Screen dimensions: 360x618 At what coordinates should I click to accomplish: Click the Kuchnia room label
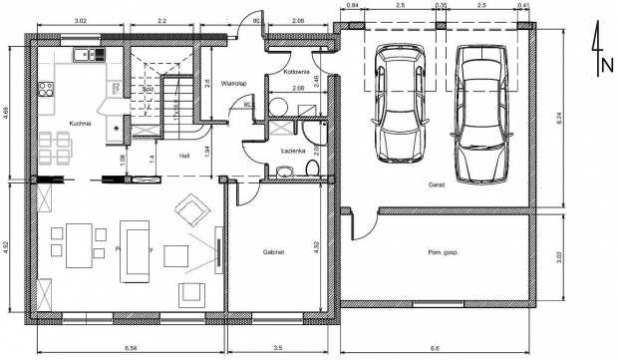(x=81, y=124)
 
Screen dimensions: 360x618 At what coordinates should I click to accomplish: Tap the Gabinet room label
(x=274, y=253)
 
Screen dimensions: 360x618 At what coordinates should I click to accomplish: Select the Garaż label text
(x=437, y=185)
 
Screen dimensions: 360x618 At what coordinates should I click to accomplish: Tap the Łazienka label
(x=293, y=151)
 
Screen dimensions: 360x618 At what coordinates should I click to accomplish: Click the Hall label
(x=184, y=156)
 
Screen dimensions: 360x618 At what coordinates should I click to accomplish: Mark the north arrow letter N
(x=606, y=67)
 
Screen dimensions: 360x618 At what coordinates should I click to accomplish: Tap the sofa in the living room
(x=135, y=249)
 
